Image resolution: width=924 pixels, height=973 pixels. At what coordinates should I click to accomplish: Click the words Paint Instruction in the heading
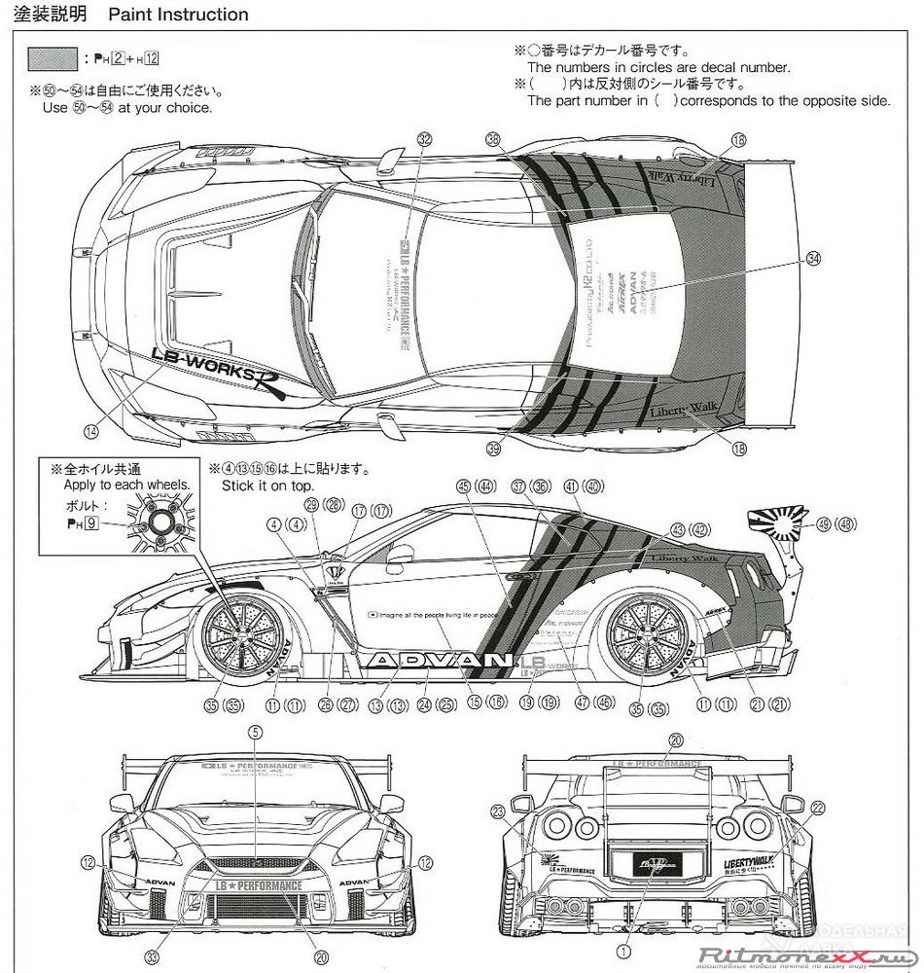[178, 15]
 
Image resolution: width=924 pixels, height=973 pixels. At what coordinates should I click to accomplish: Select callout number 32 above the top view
[423, 140]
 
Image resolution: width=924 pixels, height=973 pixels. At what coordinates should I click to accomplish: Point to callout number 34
[814, 260]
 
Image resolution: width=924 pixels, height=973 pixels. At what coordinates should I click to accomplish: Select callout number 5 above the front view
[255, 732]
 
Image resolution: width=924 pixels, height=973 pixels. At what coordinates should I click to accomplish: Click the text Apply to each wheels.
[126, 484]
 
